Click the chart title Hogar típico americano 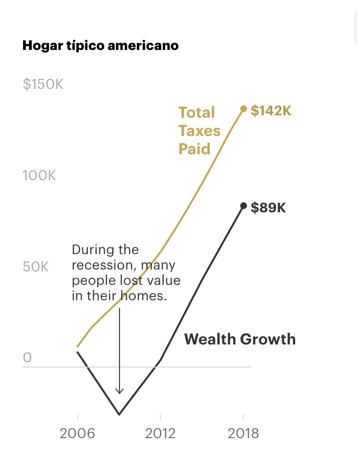click(x=100, y=46)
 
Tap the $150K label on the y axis click(x=43, y=85)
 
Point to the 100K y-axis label click(x=39, y=175)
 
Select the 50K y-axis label click(x=36, y=267)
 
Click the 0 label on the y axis click(x=27, y=357)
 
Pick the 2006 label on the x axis click(x=77, y=434)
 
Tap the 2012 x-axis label click(x=160, y=434)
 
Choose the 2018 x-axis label click(x=243, y=434)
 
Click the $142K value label click(x=271, y=110)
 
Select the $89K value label click(x=268, y=208)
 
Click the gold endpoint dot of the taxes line click(x=243, y=109)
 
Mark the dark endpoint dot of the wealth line click(x=243, y=206)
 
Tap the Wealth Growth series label click(x=240, y=339)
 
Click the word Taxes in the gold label click(x=200, y=131)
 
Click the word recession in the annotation click(x=98, y=265)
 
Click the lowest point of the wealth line click(x=119, y=414)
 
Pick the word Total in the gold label click(x=197, y=112)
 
